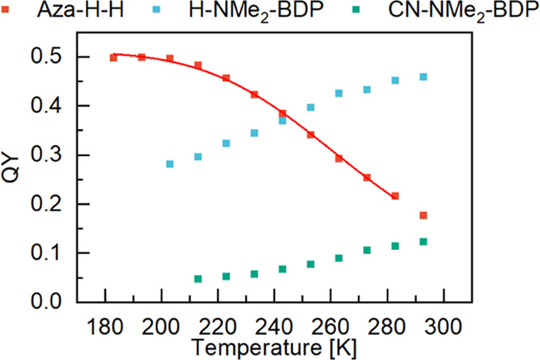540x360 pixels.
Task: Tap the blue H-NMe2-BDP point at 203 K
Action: (170, 164)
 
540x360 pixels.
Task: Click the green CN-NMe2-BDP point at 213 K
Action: (198, 279)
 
